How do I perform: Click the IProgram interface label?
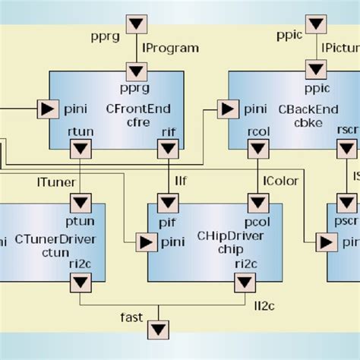pyautogui.click(x=172, y=48)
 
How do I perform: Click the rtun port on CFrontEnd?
pyautogui.click(x=81, y=150)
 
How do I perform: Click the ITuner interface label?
pyautogui.click(x=53, y=161)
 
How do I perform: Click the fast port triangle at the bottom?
pyautogui.click(x=158, y=330)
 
